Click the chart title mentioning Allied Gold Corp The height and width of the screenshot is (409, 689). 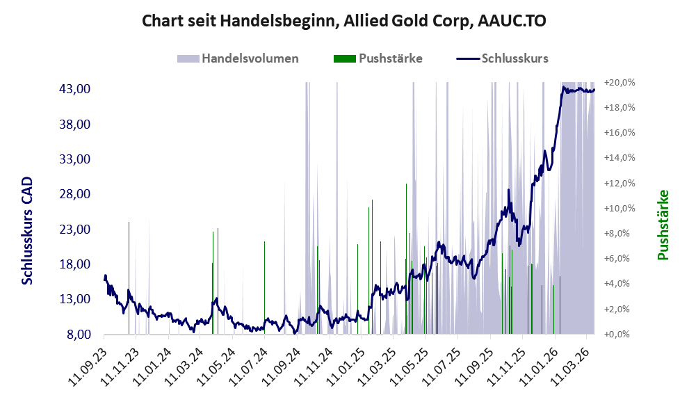[343, 21]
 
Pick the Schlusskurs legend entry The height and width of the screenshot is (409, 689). [514, 58]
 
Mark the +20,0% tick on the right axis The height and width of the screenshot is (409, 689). [619, 83]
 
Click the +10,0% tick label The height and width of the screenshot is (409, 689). [619, 209]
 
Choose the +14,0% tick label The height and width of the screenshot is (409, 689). [619, 158]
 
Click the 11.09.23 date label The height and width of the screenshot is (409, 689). [89, 360]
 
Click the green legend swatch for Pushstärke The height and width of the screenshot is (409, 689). [344, 58]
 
